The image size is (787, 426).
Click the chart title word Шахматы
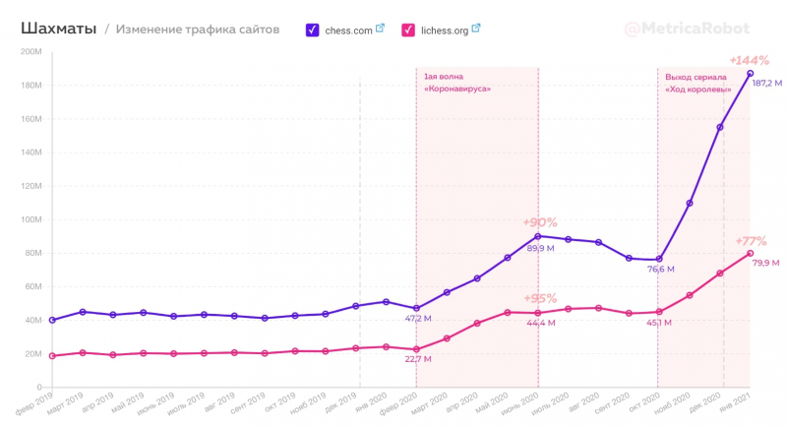pyautogui.click(x=58, y=30)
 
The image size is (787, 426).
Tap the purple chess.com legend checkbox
pyautogui.click(x=312, y=30)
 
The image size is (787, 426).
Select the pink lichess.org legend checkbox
pyautogui.click(x=408, y=30)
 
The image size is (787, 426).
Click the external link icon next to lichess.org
pyautogui.click(x=476, y=29)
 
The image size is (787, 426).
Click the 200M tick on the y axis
pyautogui.click(x=30, y=51)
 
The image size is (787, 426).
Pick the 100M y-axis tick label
pyautogui.click(x=30, y=219)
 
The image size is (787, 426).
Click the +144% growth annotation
pyautogui.click(x=750, y=61)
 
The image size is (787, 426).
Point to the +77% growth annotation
pyautogui.click(x=751, y=241)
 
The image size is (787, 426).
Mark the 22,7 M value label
pyautogui.click(x=417, y=359)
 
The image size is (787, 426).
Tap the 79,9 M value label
pyautogui.click(x=764, y=263)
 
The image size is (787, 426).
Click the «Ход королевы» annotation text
pyautogui.click(x=698, y=90)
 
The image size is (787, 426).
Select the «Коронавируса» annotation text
pyautogui.click(x=457, y=90)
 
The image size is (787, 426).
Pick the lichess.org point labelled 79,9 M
pyautogui.click(x=750, y=253)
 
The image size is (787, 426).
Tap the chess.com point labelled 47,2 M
pyautogui.click(x=416, y=308)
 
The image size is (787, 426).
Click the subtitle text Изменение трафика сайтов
pyautogui.click(x=197, y=30)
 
